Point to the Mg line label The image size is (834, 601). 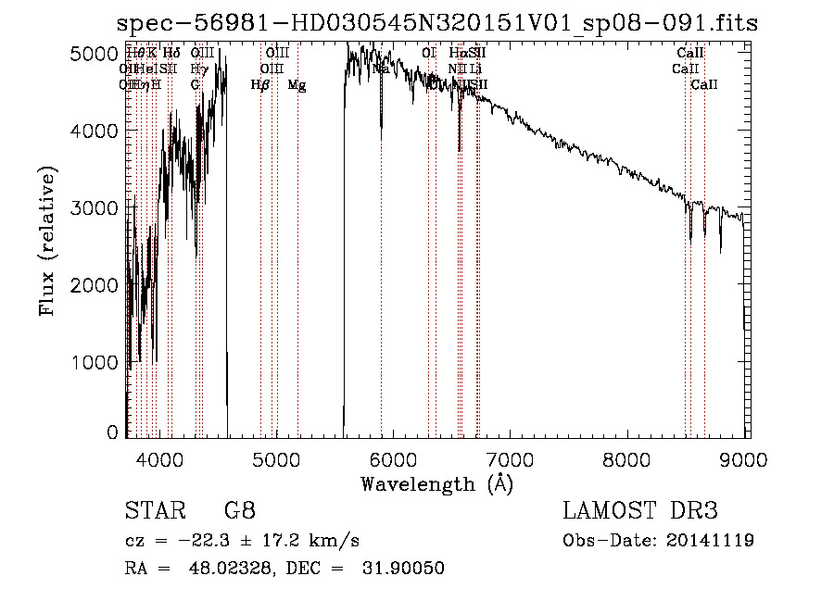[x=297, y=85]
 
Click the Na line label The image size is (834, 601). [x=380, y=69]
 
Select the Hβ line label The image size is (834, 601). [x=260, y=85]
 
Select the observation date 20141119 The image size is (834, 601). [x=709, y=540]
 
